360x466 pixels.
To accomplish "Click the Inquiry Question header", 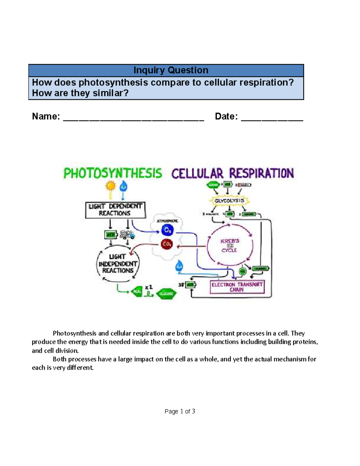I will [x=171, y=70].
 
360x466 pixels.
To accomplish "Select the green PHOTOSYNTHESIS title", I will [x=112, y=173].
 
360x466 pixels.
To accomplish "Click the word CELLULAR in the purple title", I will [x=197, y=173].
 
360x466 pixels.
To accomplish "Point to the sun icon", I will [x=111, y=186].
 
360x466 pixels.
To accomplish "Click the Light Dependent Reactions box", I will [x=115, y=210].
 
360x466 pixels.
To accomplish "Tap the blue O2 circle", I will [x=167, y=230].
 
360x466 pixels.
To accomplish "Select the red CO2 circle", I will [x=166, y=244].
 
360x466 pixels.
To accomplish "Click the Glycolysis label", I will [x=229, y=200].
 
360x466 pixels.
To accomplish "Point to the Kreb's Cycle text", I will [x=230, y=245].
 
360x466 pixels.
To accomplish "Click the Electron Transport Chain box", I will [x=237, y=287].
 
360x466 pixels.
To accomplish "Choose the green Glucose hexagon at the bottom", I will [x=166, y=293].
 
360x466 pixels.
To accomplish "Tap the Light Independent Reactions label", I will [x=118, y=263].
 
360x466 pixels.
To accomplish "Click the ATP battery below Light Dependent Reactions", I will [x=110, y=235].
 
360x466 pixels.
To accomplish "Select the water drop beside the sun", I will [x=123, y=187].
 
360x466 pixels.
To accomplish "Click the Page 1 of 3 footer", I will [x=180, y=411].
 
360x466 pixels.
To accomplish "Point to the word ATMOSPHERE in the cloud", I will [x=167, y=221].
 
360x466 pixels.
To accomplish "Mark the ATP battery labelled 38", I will [x=190, y=284].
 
